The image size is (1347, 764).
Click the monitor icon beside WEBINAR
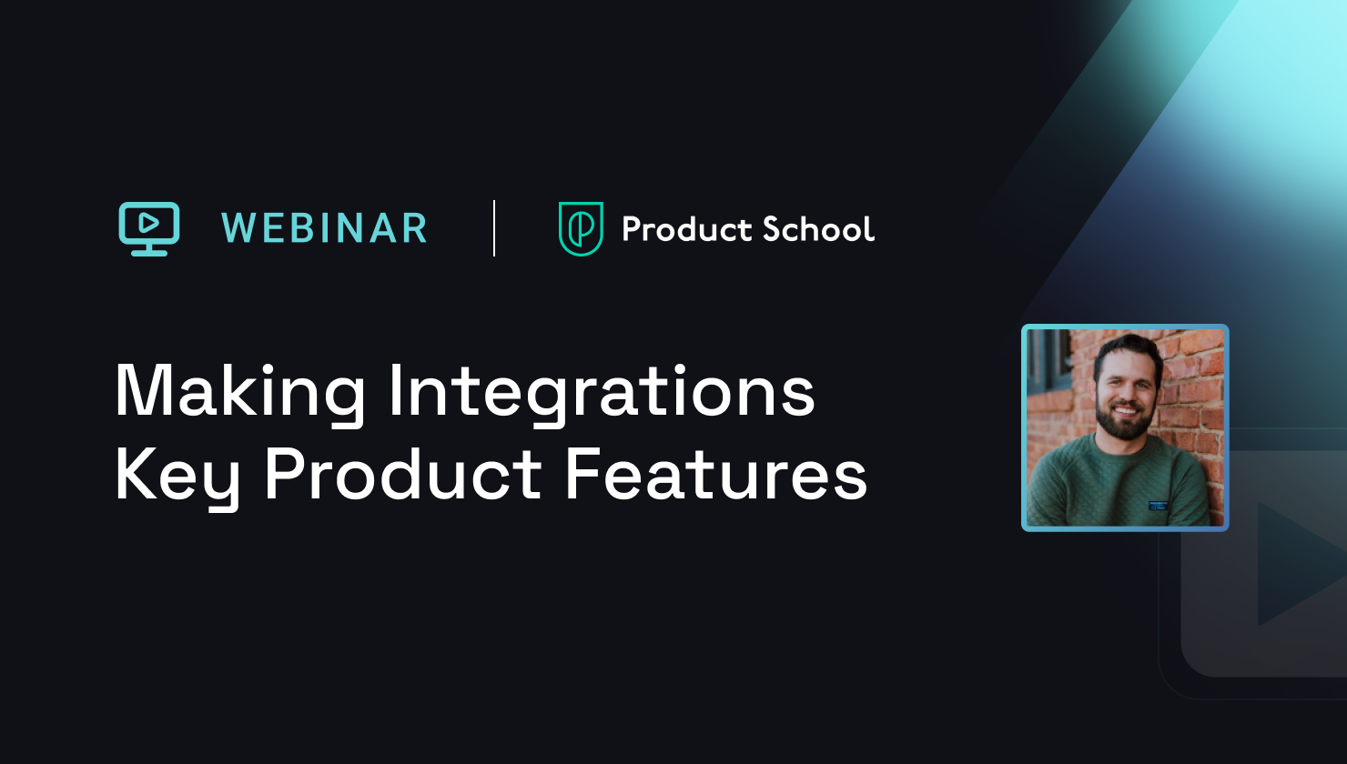coord(149,228)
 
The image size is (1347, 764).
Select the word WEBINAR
coord(324,228)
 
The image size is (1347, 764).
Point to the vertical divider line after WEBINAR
coord(494,228)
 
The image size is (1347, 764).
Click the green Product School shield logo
coord(580,228)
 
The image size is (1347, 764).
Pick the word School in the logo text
coord(818,229)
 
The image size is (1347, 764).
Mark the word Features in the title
coord(715,475)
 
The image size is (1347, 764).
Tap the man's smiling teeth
coord(1126,410)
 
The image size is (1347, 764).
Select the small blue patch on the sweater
coord(1157,502)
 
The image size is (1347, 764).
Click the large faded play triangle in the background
coord(1292,564)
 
